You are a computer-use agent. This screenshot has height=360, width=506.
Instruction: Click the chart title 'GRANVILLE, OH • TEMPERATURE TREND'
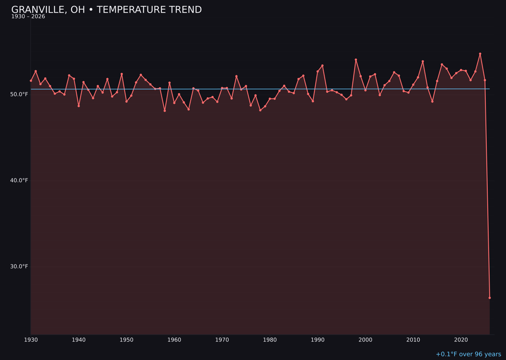(106, 10)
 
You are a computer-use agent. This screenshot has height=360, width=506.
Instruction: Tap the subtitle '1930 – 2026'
(28, 17)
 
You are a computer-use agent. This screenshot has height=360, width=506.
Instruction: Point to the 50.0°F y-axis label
(19, 94)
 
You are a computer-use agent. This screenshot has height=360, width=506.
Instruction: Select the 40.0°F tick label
(19, 180)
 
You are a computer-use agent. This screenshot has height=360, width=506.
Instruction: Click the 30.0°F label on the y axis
(19, 267)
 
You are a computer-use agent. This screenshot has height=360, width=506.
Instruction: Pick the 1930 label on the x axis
(31, 340)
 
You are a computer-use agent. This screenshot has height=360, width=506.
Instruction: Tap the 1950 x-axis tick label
(126, 340)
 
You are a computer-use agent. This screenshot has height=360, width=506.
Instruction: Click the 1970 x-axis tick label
(222, 340)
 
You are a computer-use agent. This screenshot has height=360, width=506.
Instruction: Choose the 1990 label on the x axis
(318, 340)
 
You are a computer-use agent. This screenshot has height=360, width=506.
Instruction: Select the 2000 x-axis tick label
(365, 340)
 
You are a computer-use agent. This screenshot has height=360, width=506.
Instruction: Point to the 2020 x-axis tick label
(461, 340)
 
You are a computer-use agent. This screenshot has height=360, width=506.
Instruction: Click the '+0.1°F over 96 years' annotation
(468, 354)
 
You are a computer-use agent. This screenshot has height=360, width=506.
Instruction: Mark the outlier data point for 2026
(490, 298)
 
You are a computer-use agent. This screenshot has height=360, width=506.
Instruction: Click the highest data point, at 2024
(480, 54)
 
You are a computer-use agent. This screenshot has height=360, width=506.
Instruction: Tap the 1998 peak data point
(356, 60)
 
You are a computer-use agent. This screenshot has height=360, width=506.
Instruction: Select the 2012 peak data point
(423, 61)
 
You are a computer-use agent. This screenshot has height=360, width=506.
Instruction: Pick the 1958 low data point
(164, 111)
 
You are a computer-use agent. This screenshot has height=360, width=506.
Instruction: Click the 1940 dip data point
(79, 106)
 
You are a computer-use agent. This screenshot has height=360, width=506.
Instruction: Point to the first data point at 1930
(31, 81)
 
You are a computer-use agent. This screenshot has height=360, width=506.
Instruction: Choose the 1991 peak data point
(322, 66)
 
